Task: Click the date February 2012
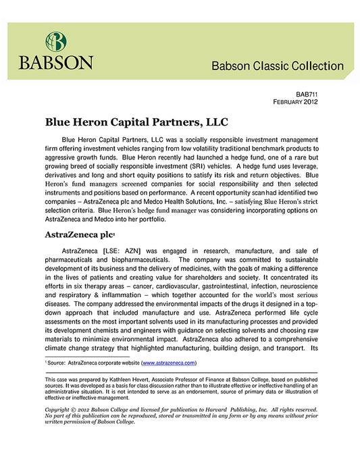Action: coord(295,102)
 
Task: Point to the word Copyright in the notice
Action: coord(58,410)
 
